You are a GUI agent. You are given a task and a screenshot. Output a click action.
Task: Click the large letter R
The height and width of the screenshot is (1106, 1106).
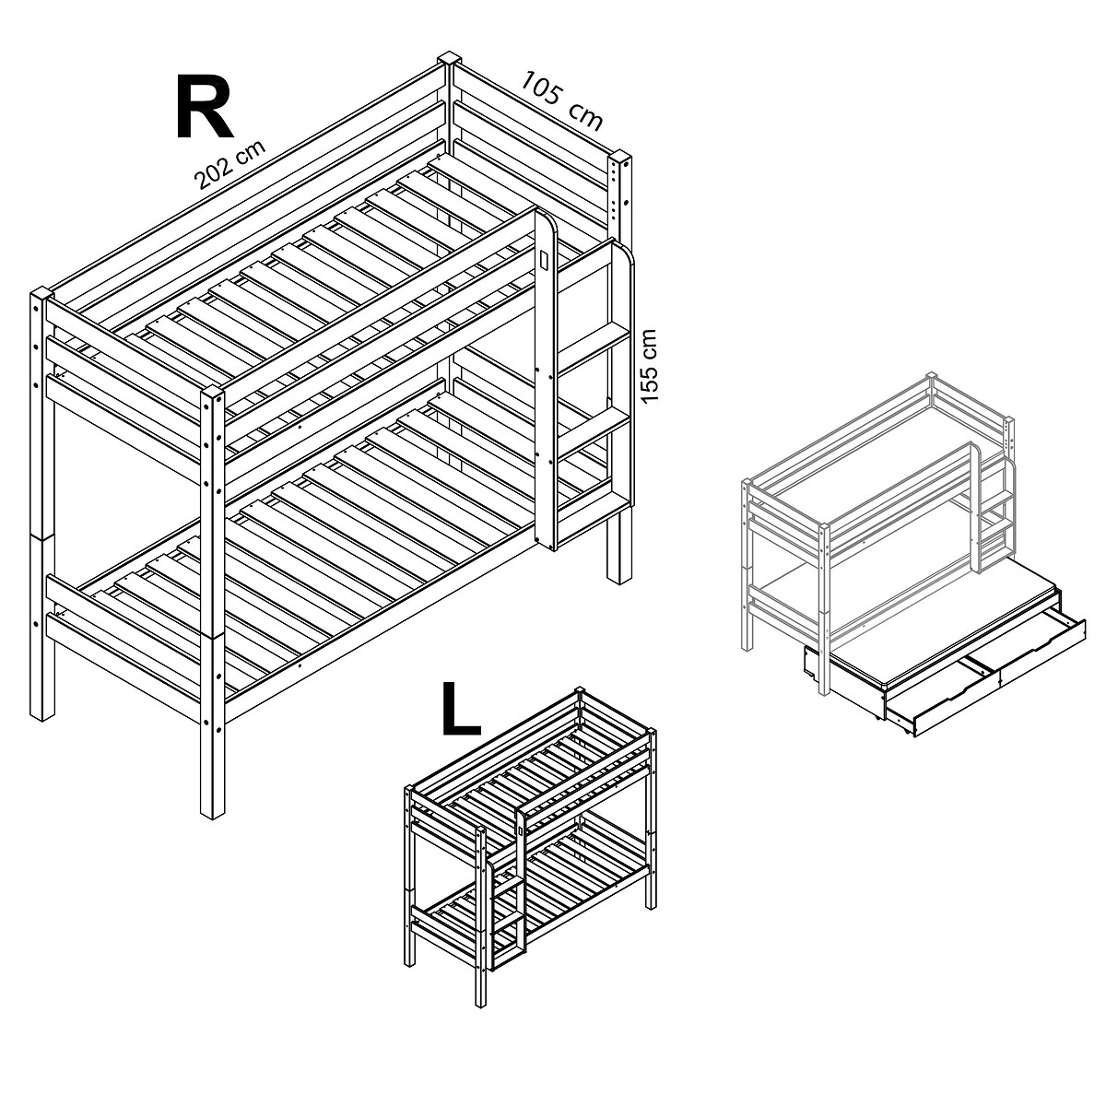tap(204, 107)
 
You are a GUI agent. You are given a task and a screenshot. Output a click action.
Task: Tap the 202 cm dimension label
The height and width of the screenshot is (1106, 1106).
tap(229, 164)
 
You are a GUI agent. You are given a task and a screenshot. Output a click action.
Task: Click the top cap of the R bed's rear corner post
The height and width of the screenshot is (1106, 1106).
tap(450, 60)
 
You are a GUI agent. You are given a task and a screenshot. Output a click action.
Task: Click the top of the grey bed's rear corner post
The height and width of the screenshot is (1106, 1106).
tap(932, 375)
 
